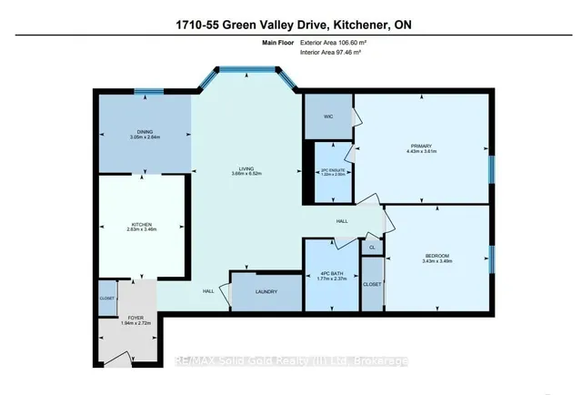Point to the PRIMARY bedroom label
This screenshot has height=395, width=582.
click(421, 147)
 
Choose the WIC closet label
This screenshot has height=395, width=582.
click(326, 116)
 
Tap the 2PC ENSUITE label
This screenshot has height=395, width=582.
click(327, 170)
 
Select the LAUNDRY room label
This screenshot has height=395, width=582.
click(266, 292)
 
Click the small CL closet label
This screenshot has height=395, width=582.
click(370, 247)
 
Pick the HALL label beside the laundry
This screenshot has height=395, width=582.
click(208, 290)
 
